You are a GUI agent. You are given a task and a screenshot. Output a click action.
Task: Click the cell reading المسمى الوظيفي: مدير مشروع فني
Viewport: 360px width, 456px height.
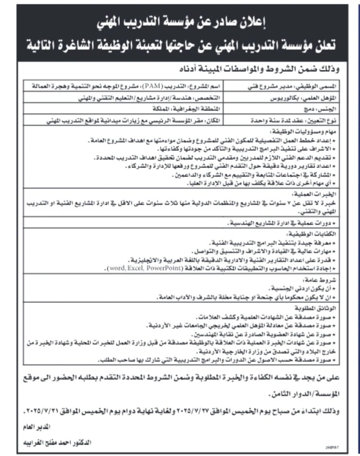click(x=290, y=86)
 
